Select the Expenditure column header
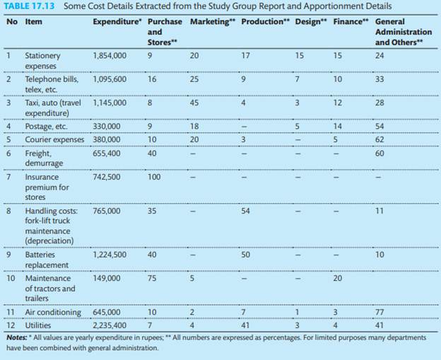click(117, 21)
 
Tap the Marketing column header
click(212, 21)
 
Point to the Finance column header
click(351, 21)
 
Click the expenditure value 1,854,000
click(110, 55)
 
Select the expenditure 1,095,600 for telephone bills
click(110, 79)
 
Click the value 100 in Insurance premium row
click(154, 177)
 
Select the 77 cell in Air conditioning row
click(380, 312)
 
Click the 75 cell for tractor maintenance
click(152, 278)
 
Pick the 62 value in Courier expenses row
click(380, 139)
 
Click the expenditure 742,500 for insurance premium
click(107, 177)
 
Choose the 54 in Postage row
click(380, 127)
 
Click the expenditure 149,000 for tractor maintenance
click(107, 278)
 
